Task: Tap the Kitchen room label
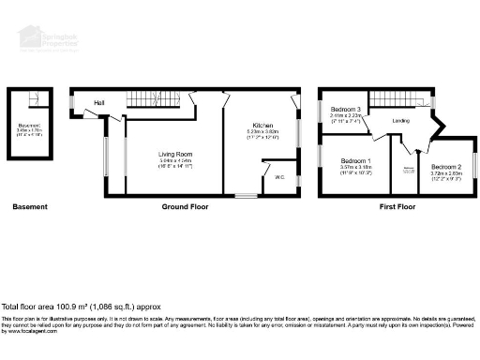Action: [x=262, y=125]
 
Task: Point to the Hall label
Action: [x=97, y=103]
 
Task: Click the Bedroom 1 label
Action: [x=355, y=161]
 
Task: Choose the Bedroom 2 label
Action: [x=447, y=165]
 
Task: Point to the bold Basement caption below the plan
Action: [x=31, y=207]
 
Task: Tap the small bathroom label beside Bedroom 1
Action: [x=409, y=170]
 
